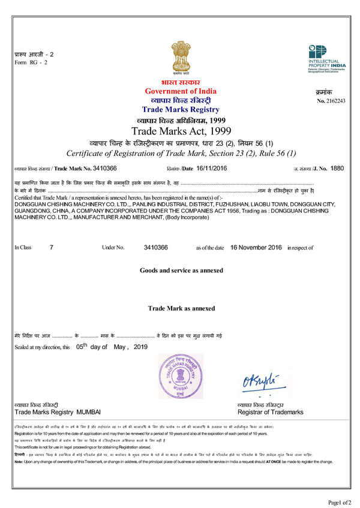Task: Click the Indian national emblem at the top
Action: tap(180, 55)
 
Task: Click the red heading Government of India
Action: tap(181, 91)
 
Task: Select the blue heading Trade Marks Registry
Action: tap(181, 110)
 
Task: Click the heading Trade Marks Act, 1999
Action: tap(181, 130)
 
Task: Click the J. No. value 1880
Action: tap(337, 169)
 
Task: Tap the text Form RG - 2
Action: tap(30, 62)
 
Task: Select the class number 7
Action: tap(52, 247)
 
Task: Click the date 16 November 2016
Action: tap(256, 247)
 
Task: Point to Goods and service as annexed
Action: tap(181, 270)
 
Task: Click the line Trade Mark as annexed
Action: tap(181, 308)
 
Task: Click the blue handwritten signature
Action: tap(261, 380)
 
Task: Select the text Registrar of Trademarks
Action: tap(271, 413)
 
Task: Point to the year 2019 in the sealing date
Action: tap(140, 347)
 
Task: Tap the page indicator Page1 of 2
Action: tap(339, 501)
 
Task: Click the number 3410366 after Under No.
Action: tap(156, 247)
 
